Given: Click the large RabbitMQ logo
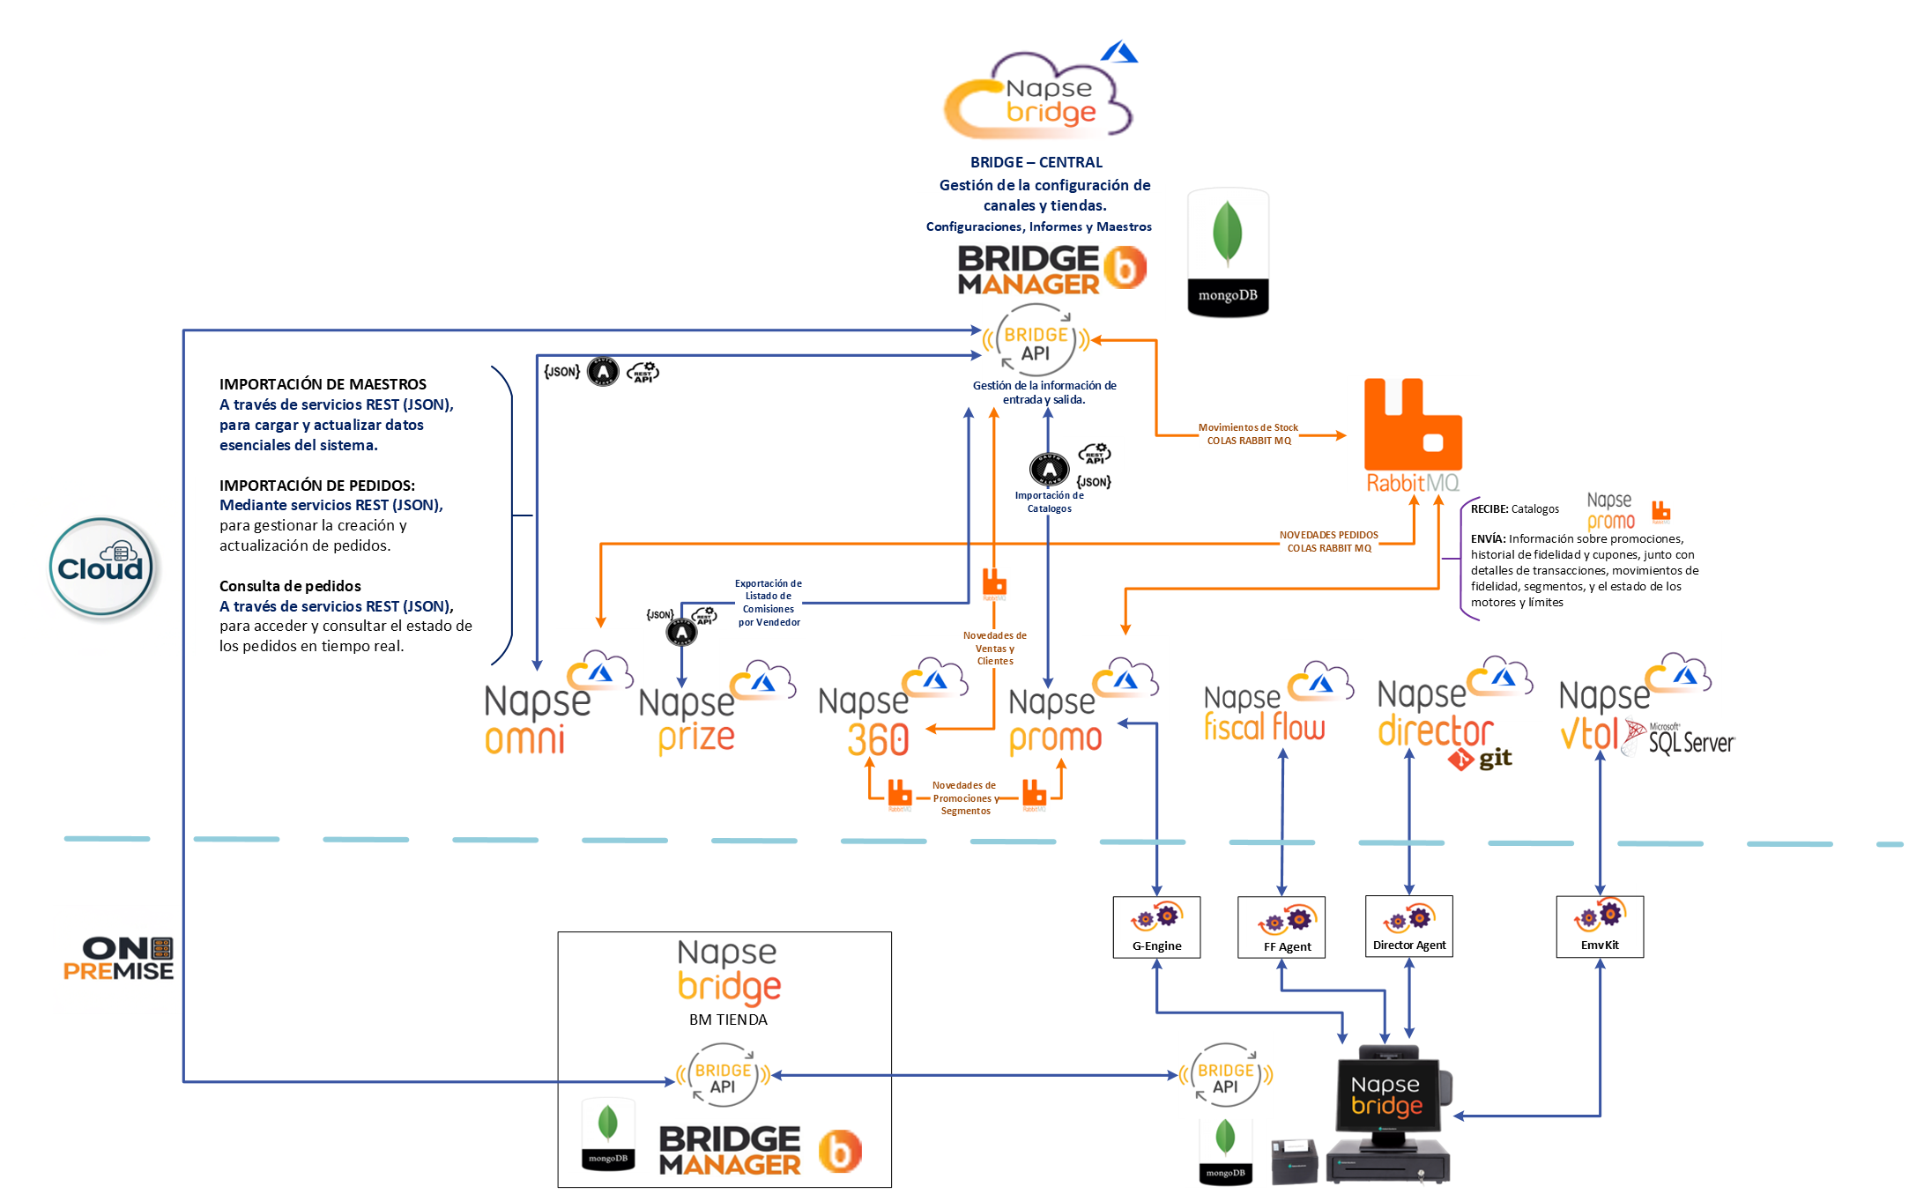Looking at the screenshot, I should [1413, 434].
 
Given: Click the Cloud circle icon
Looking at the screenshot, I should [100, 567].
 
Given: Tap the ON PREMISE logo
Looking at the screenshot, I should [119, 959].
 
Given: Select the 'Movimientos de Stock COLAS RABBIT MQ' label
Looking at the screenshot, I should [1248, 434].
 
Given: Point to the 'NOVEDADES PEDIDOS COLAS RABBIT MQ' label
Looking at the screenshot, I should [1328, 541].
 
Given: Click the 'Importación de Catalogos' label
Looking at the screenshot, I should [1049, 501].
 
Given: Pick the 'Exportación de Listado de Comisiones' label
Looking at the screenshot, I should [769, 603].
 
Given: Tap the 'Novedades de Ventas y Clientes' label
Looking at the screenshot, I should [994, 648].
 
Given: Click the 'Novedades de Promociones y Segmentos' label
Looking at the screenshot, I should [965, 797].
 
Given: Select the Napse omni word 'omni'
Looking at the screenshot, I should [524, 739].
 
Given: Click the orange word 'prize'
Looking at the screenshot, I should [696, 738].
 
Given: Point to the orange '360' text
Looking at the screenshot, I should [878, 739].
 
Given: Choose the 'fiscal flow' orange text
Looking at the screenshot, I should [1264, 727].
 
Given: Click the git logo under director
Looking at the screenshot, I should [1480, 758].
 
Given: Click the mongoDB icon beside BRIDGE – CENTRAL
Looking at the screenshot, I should [1228, 252].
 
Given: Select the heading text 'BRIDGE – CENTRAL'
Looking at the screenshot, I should [1036, 162].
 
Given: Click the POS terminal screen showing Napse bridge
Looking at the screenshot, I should [1386, 1094].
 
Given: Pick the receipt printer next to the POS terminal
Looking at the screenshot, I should [1294, 1161].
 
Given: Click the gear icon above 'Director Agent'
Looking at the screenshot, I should [1408, 918].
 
